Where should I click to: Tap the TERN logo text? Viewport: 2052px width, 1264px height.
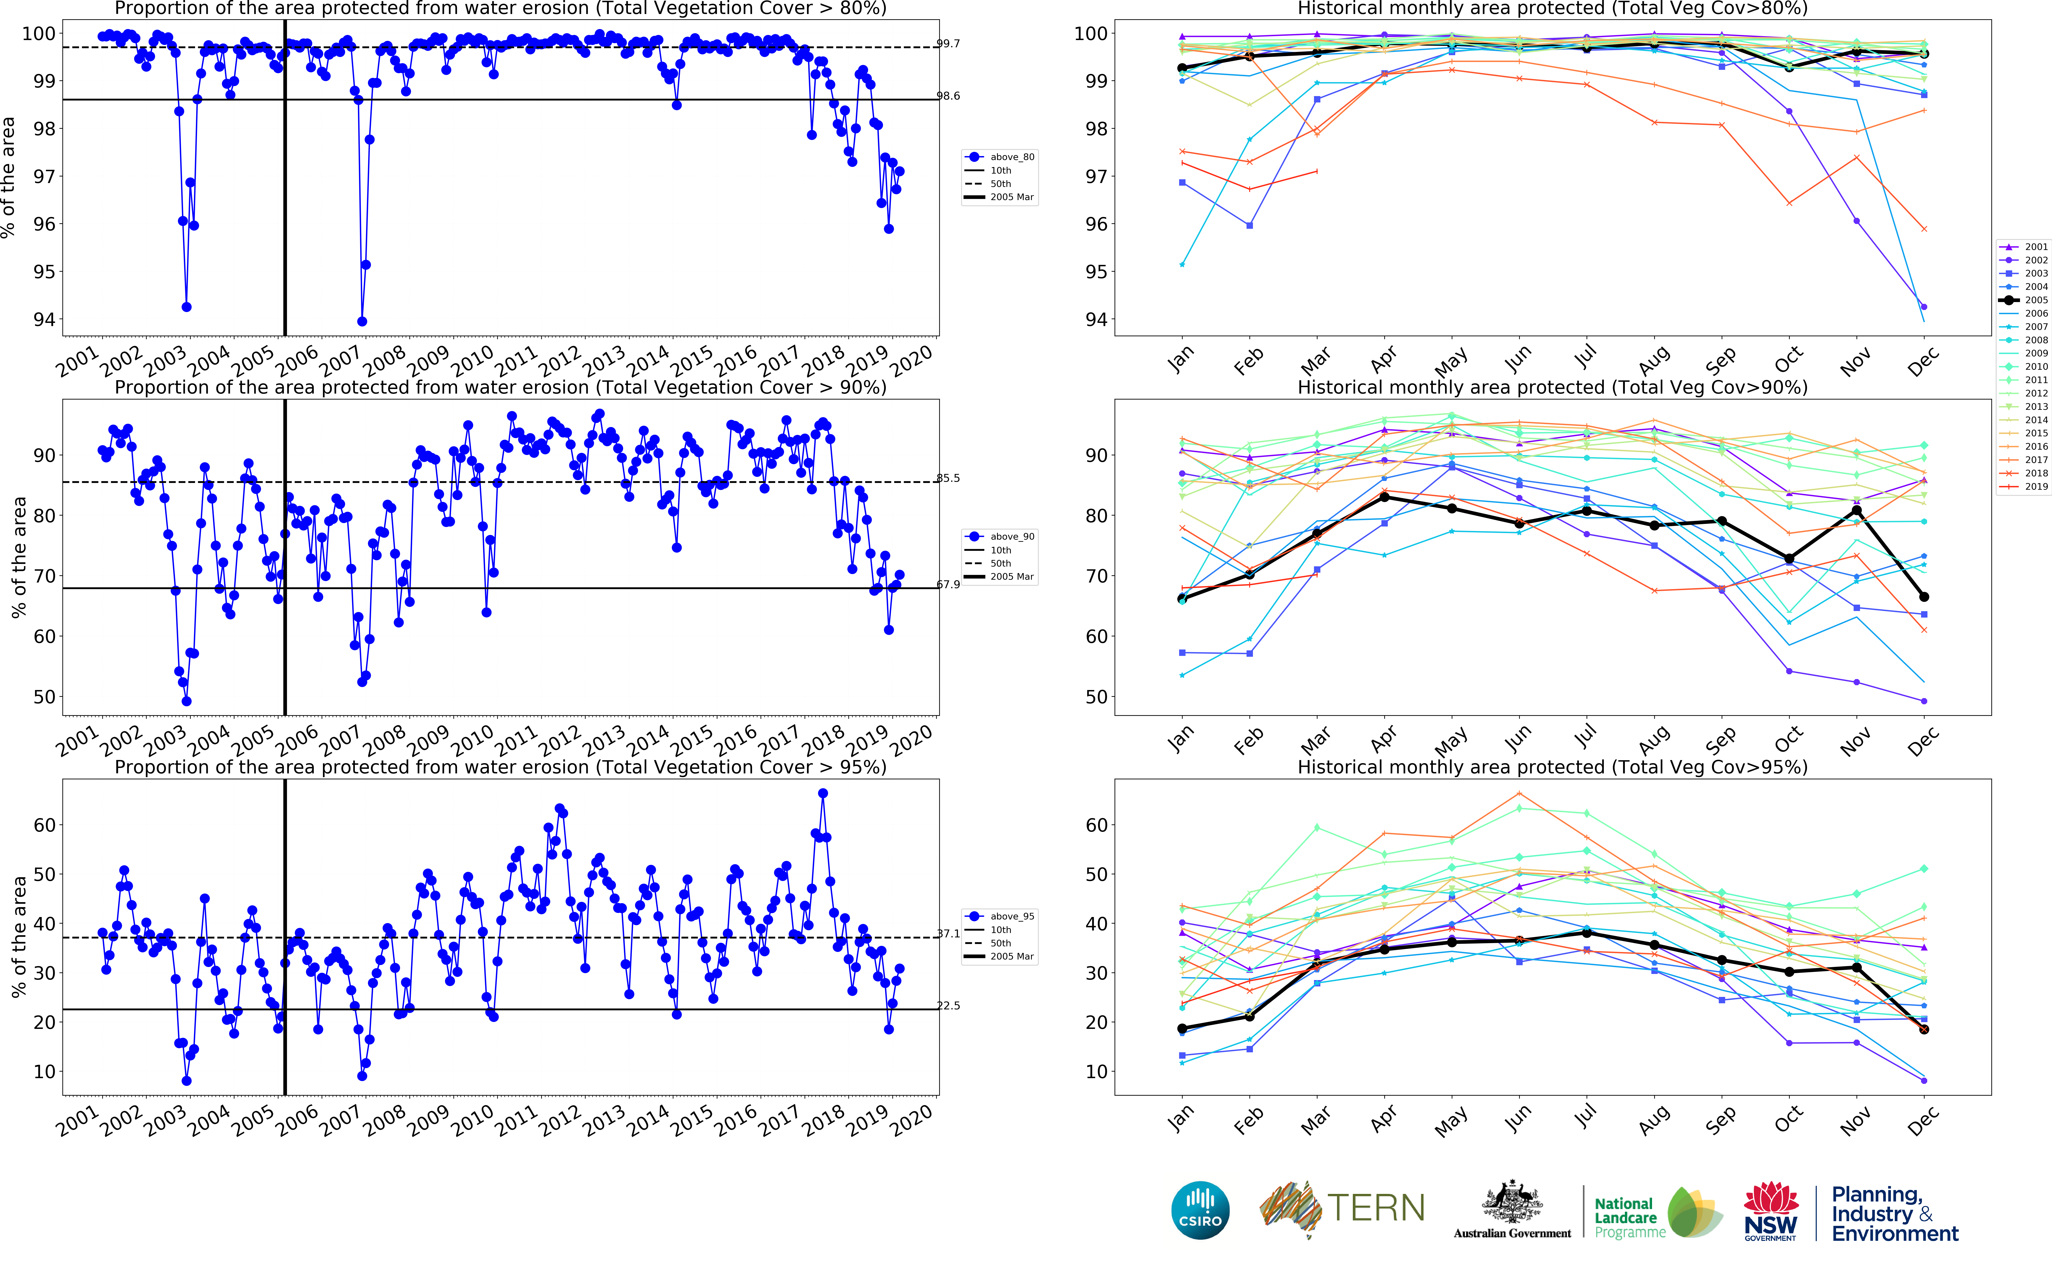[x=1376, y=1208]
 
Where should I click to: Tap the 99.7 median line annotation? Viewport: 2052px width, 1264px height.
[x=948, y=44]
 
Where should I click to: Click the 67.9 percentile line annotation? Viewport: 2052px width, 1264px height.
[x=948, y=584]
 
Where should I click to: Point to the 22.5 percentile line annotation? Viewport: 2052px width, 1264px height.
[x=948, y=1006]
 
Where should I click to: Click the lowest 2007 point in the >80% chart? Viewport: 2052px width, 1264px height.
[x=362, y=321]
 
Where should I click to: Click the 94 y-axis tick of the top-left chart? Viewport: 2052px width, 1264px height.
[x=44, y=319]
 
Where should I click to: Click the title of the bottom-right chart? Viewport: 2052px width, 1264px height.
[x=1552, y=768]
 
